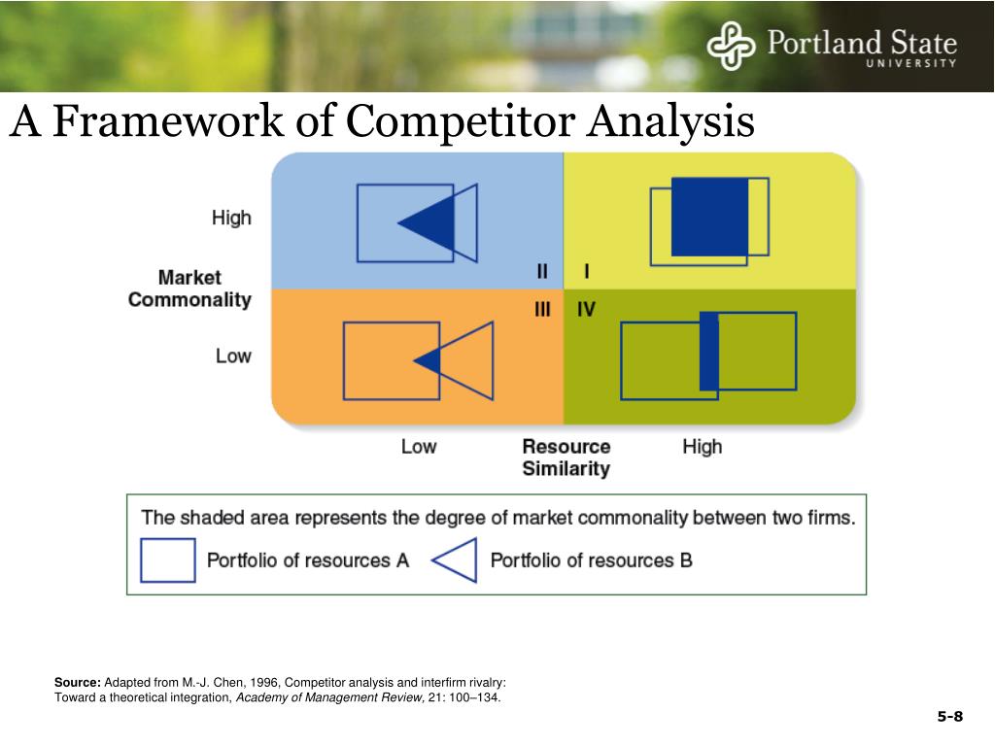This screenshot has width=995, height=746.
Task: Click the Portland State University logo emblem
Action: [x=731, y=47]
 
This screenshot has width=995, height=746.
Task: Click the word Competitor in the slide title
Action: [x=458, y=122]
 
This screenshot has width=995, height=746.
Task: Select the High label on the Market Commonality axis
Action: [x=231, y=218]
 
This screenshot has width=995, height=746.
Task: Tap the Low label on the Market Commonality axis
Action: [x=233, y=356]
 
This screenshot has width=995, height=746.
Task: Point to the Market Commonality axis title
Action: [x=189, y=288]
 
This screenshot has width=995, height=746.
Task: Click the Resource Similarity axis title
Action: [x=566, y=458]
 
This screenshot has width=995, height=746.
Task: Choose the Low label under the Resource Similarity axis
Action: [x=419, y=447]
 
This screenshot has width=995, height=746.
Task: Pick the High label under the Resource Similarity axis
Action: [x=702, y=447]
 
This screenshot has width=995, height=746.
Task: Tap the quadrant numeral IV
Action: [x=586, y=310]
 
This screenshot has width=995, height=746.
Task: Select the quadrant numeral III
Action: [x=542, y=310]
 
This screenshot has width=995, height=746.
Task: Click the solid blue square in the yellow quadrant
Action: [x=709, y=217]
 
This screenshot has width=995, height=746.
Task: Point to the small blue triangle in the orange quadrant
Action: [x=430, y=361]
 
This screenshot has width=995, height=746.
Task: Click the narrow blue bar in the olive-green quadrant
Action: [x=709, y=352]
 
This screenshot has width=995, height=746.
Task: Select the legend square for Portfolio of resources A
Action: [x=168, y=560]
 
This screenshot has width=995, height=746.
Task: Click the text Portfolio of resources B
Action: [x=591, y=560]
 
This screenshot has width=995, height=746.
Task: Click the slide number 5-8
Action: [x=949, y=717]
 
